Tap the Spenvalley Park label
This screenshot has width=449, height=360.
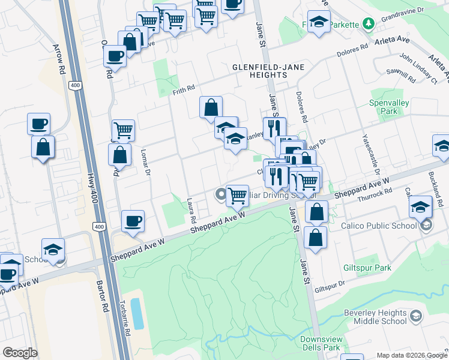point(389,107)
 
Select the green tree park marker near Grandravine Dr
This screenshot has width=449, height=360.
point(369,24)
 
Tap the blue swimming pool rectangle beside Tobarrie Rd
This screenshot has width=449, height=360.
point(138,313)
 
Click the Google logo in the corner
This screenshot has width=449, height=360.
point(20,353)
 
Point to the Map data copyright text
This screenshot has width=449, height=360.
point(411,355)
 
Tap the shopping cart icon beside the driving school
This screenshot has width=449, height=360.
point(238,194)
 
